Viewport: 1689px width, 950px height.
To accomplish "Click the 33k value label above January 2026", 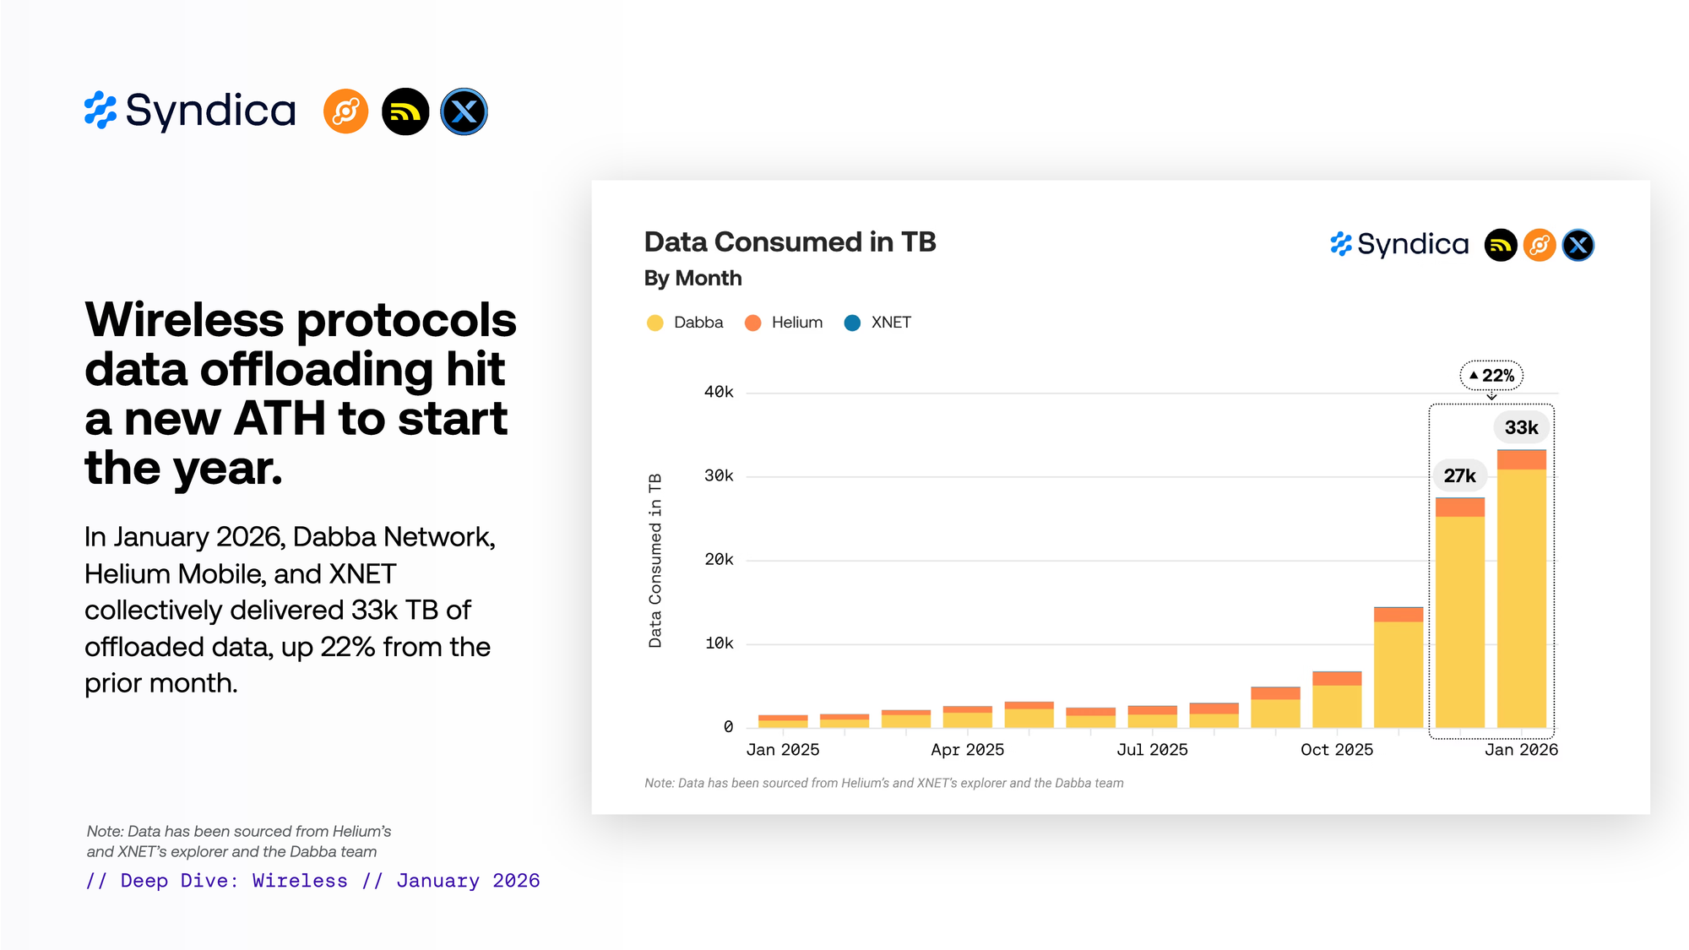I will click(x=1521, y=427).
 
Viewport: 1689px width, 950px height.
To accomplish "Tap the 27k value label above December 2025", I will click(x=1459, y=475).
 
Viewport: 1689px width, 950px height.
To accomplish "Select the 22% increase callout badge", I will click(x=1491, y=376).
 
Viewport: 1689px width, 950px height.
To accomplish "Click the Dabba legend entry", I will click(x=685, y=323).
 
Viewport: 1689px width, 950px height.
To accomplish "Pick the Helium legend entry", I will click(x=784, y=323).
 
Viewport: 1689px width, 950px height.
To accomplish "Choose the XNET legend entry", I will click(x=878, y=323).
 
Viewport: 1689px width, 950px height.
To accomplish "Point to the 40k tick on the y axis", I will click(x=719, y=392).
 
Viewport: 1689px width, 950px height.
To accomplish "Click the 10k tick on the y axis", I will click(x=719, y=643).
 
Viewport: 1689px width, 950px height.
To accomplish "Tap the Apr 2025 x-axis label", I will click(x=967, y=750).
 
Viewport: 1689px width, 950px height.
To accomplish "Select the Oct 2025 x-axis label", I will click(x=1336, y=750).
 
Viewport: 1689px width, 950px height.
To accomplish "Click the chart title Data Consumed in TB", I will click(x=790, y=242).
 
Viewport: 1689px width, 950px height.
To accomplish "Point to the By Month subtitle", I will click(x=692, y=279).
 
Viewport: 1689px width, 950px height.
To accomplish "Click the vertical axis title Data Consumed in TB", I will click(x=655, y=561).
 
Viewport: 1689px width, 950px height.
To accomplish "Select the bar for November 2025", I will click(x=1398, y=667).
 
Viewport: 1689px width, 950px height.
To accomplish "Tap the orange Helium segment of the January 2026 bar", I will click(x=1521, y=459).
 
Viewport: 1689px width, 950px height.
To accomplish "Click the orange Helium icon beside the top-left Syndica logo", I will click(x=345, y=111).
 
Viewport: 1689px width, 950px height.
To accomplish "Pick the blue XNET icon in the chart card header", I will click(x=1578, y=246).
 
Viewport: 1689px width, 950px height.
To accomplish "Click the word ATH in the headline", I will click(x=279, y=419).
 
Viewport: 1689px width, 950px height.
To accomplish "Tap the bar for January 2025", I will click(x=783, y=721).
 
